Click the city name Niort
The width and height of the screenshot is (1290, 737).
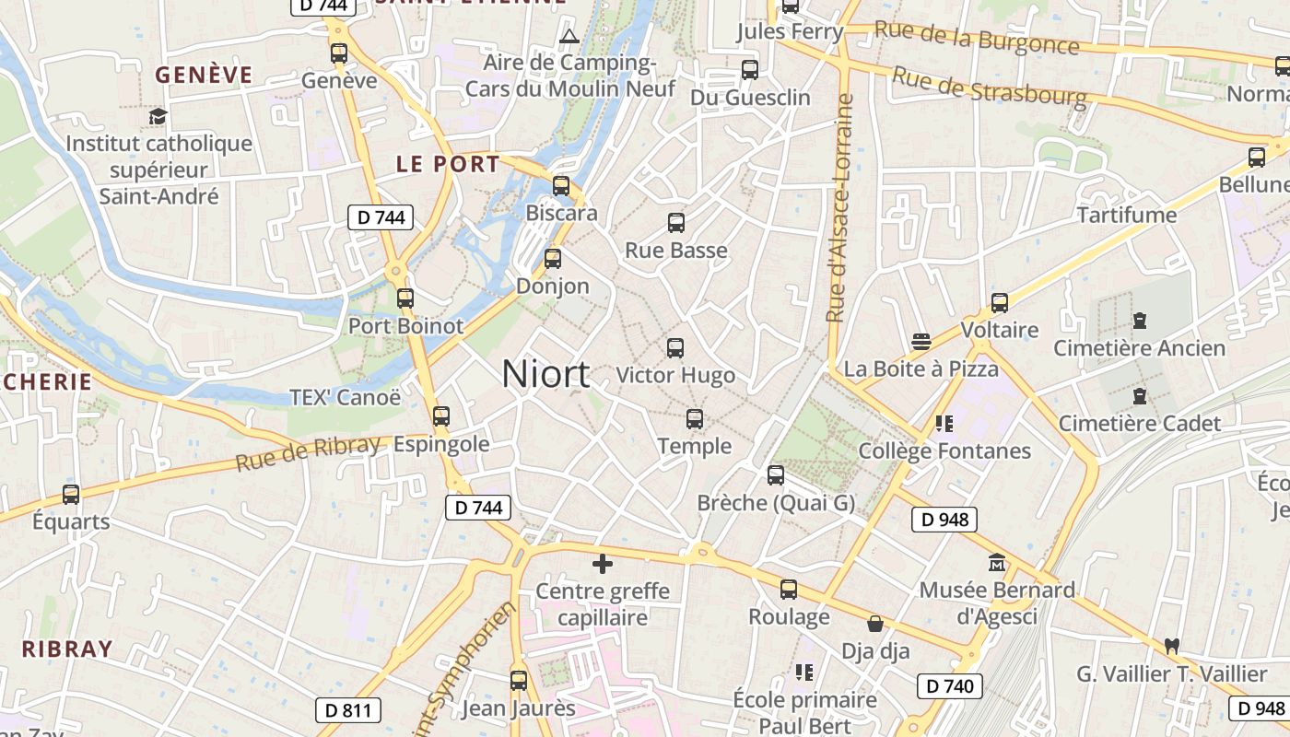point(545,374)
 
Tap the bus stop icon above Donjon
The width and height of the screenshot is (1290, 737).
point(553,259)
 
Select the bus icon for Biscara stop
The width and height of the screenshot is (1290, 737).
point(561,186)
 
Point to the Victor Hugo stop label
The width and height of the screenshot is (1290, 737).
point(675,375)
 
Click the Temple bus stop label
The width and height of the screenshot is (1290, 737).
point(695,446)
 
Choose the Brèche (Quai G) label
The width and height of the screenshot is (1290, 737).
point(776,503)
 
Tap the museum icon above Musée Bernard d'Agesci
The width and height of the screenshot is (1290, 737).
point(997,562)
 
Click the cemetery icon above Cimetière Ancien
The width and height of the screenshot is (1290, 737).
point(1140,321)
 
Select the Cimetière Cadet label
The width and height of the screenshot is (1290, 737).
point(1139,424)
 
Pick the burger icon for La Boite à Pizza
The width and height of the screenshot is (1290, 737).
point(921,342)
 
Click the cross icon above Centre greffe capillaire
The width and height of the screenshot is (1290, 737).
point(603,564)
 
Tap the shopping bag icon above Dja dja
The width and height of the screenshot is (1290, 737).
point(875,624)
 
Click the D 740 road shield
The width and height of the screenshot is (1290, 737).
point(950,685)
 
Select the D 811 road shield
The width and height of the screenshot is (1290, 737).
point(348,709)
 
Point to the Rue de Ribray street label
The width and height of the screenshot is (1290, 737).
point(307,453)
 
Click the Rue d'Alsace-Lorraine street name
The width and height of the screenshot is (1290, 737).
point(839,207)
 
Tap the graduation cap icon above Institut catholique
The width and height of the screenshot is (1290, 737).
point(158,116)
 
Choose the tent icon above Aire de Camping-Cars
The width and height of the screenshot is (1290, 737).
point(569,37)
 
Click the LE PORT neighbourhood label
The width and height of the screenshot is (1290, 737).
point(448,165)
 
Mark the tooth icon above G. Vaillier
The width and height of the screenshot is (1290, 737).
point(1172,646)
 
